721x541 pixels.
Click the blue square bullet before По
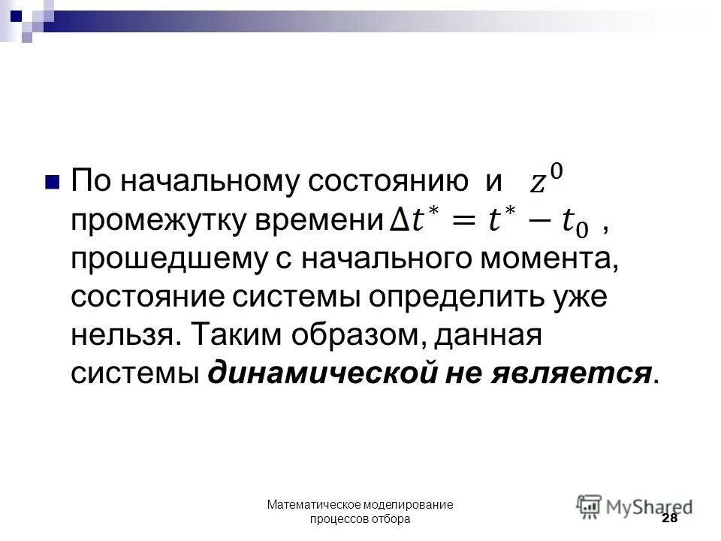click(52, 183)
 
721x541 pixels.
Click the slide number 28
click(669, 519)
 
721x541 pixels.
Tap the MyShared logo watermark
click(635, 504)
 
